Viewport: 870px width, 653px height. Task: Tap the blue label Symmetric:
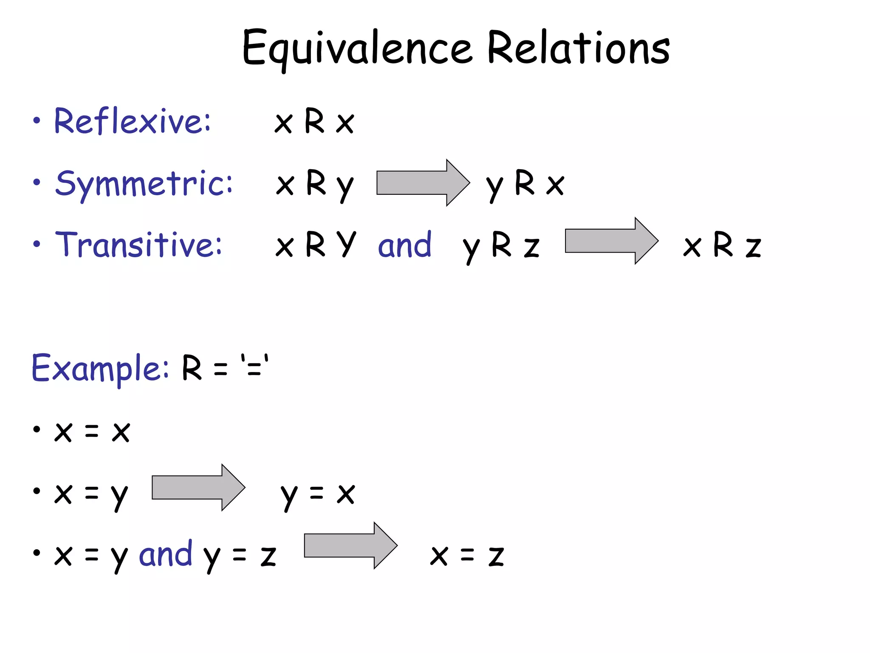[144, 184]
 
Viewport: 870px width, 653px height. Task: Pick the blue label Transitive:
[138, 244]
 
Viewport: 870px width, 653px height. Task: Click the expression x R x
[314, 122]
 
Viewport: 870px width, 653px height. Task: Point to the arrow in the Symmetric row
[423, 183]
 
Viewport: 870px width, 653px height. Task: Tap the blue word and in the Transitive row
[404, 245]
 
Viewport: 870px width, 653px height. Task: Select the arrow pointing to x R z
[611, 241]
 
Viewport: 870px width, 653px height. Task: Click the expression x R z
[722, 245]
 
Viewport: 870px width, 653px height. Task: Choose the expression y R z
[501, 246]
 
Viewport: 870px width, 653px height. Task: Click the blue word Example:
[100, 368]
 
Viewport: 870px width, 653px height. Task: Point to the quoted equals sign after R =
[254, 366]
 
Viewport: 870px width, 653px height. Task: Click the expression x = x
[92, 432]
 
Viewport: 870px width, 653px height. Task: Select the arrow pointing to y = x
[198, 488]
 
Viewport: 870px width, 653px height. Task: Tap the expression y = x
[317, 494]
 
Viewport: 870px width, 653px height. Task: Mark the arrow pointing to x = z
[350, 545]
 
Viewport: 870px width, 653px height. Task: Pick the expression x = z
[467, 555]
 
